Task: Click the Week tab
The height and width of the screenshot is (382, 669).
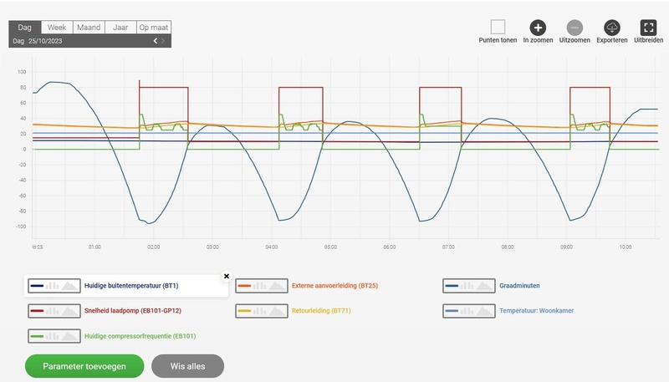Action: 57,28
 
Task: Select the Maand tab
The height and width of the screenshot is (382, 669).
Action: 88,28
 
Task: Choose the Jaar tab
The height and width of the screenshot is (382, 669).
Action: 120,28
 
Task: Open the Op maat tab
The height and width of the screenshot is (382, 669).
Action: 154,28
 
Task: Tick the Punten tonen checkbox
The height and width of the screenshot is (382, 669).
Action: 498,27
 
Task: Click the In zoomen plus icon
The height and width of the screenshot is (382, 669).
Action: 538,27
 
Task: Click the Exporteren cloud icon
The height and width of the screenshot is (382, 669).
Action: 611,27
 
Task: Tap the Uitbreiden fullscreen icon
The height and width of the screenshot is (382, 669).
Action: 648,27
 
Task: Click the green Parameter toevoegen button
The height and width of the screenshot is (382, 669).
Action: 84,366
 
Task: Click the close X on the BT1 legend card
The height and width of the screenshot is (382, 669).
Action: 226,275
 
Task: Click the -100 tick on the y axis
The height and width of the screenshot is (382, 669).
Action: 21,227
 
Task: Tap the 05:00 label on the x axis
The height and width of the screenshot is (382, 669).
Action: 330,247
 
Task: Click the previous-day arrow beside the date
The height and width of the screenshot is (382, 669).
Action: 155,40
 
